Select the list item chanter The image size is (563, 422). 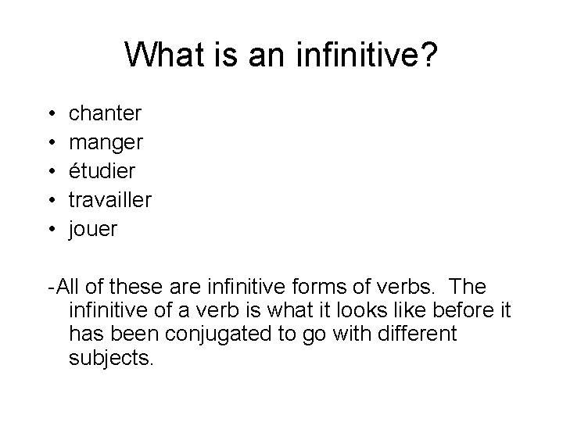coord(106,114)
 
